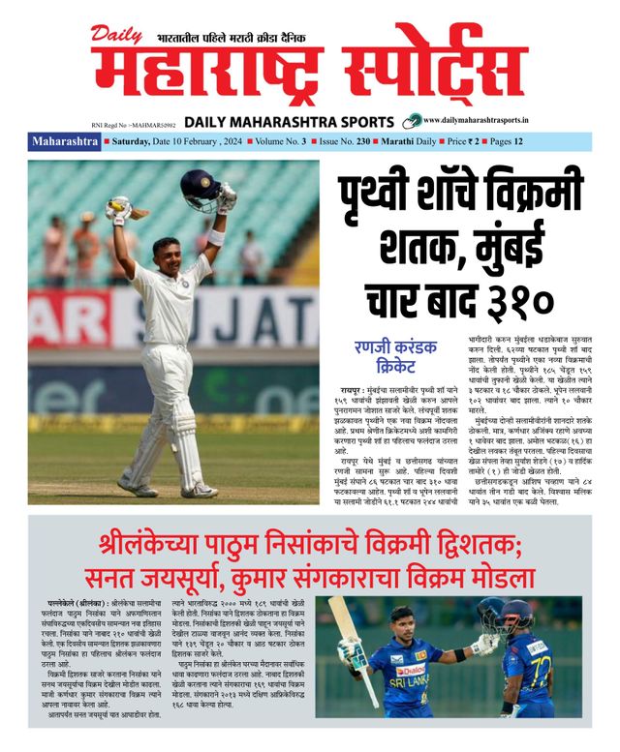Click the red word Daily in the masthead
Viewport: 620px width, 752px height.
pos(118,35)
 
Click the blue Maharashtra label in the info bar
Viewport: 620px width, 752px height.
pos(65,141)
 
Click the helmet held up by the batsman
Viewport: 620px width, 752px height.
pos(200,188)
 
